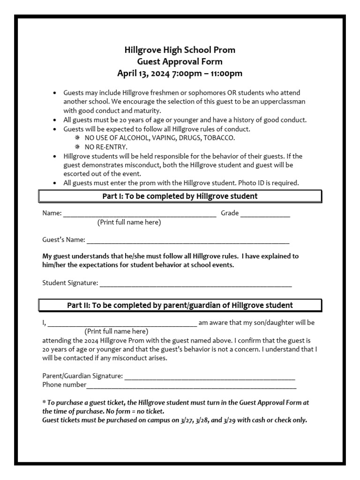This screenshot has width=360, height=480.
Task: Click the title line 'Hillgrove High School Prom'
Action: (180, 50)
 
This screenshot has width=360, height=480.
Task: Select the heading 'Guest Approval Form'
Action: (180, 61)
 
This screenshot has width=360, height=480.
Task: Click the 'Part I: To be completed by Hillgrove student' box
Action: (180, 196)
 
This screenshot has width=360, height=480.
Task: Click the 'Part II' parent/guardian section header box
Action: (180, 305)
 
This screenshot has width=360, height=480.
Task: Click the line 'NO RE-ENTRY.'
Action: (106, 147)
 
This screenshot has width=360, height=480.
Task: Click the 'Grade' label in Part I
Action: (230, 213)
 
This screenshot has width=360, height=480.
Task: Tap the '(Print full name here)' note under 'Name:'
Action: (129, 222)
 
